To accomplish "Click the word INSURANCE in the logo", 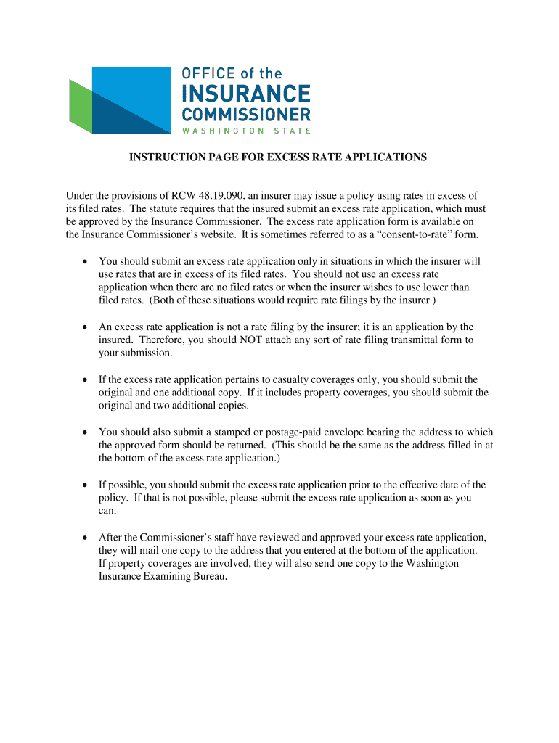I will click(x=245, y=94).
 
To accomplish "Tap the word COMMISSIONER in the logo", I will click(x=245, y=115).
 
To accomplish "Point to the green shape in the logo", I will click(x=80, y=105).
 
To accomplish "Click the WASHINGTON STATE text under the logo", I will click(x=245, y=131).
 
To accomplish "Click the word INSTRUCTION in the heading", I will click(x=161, y=157).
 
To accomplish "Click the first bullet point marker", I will click(x=85, y=261).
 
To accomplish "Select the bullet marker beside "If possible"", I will click(x=85, y=485).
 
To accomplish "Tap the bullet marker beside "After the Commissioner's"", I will click(x=85, y=538).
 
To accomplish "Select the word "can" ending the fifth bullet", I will click(x=106, y=511).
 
